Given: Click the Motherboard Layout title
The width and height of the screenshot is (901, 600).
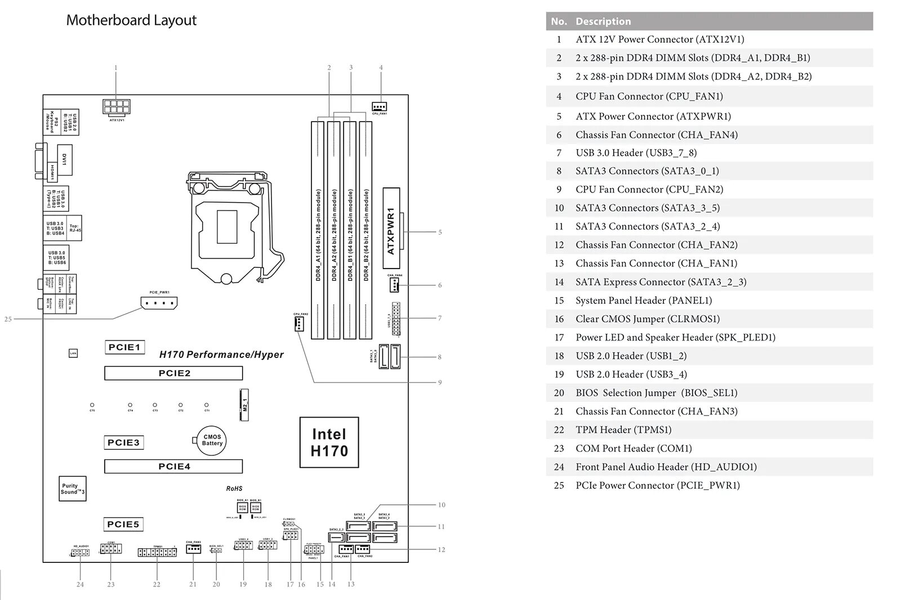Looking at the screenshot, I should [131, 20].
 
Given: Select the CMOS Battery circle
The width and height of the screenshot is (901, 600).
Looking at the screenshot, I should [212, 440].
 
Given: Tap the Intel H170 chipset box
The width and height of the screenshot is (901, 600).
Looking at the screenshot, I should [329, 442].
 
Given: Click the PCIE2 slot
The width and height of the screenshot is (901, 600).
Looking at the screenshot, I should [173, 373].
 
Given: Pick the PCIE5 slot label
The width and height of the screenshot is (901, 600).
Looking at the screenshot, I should [123, 524].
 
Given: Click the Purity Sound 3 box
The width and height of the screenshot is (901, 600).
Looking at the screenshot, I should [73, 489].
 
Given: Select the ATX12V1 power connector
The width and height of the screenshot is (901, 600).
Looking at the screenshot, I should [117, 106].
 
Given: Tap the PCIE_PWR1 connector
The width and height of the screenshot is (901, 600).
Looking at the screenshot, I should [159, 303].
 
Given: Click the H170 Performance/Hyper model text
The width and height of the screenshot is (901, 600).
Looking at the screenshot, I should [221, 355].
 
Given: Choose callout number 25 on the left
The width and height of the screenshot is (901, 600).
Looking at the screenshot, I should [8, 319].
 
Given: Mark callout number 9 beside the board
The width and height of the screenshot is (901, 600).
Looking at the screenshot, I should [440, 382].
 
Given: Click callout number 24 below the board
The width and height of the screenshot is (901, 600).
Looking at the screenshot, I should [80, 584].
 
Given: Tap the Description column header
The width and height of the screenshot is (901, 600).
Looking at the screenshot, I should [603, 21].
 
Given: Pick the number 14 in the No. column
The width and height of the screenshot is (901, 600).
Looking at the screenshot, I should [559, 282].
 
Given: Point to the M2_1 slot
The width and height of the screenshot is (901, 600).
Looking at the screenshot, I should [244, 404].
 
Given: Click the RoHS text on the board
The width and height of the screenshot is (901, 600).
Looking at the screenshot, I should [234, 489].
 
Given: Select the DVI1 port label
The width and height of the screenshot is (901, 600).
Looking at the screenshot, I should [64, 159].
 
